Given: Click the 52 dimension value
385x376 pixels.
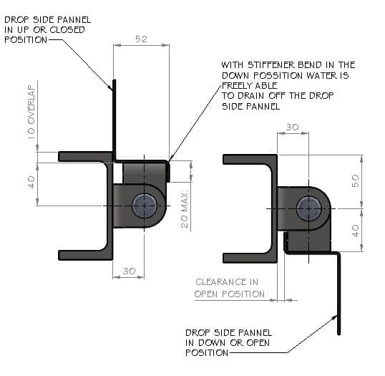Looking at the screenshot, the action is point(141,39).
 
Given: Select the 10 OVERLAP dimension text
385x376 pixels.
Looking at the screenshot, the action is point(31,112).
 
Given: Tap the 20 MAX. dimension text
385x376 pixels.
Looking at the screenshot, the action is point(185,208).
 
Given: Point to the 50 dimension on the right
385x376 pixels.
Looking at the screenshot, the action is point(356,180).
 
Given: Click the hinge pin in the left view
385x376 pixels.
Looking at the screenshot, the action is point(144,206).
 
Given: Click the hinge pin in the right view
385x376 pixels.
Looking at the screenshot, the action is point(308,208).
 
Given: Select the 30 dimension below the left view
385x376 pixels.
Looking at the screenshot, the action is point(129,271).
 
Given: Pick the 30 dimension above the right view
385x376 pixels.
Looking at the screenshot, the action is point(293,127).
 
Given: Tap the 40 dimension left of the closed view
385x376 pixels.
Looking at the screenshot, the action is point(31,182).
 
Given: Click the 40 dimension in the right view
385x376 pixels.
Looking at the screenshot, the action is point(356,231).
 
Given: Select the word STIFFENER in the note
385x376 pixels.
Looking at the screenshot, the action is point(271,65).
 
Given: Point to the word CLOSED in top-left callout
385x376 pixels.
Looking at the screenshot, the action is point(67,30).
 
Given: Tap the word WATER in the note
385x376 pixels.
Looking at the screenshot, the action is point(321,75).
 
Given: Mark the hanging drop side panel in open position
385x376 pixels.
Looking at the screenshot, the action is point(339,294).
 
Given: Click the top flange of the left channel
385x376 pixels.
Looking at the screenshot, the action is point(85,157).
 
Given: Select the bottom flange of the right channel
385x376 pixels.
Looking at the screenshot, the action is point(250,258).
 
